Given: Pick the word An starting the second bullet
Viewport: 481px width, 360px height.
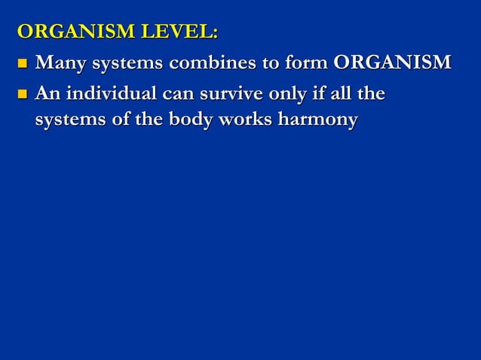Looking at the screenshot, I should coord(47,95).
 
